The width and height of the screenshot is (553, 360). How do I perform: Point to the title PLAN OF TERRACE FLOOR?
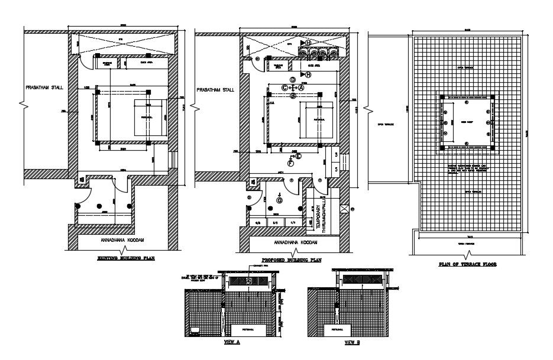click(467, 265)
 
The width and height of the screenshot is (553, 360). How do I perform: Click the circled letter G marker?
click(279, 200)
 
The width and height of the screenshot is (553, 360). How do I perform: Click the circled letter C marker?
click(284, 87)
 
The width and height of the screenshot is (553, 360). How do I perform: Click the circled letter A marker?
click(300, 87)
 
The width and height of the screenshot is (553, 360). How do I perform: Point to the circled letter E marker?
click(298, 156)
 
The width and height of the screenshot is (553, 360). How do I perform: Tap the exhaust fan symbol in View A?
click(249, 281)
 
